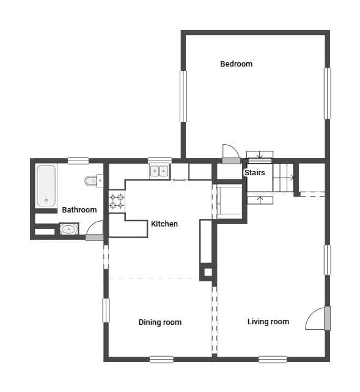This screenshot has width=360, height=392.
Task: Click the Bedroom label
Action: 236,64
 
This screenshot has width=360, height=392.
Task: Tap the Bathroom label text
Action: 79,210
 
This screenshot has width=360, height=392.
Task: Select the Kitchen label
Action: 164,223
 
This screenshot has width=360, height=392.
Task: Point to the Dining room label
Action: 160,322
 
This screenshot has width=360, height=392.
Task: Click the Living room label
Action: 268,322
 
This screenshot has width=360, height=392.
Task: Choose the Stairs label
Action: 255,173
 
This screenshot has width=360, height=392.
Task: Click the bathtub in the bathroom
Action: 46,186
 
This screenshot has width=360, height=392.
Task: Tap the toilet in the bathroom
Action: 93,181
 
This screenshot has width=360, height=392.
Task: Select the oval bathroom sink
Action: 69,229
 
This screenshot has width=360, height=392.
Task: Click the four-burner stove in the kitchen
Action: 117,201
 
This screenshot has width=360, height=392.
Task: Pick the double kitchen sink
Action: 160,171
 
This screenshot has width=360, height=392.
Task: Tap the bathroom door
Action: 94,237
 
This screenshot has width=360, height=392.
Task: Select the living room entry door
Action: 327,318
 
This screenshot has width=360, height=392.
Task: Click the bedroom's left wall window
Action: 183,96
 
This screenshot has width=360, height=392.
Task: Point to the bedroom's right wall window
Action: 328,93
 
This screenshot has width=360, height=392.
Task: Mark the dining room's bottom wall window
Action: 161,359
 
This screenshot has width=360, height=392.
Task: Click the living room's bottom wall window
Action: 273,359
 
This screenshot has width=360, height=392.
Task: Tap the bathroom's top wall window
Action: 78,161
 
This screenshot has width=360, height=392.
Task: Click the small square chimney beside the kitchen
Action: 208,272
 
